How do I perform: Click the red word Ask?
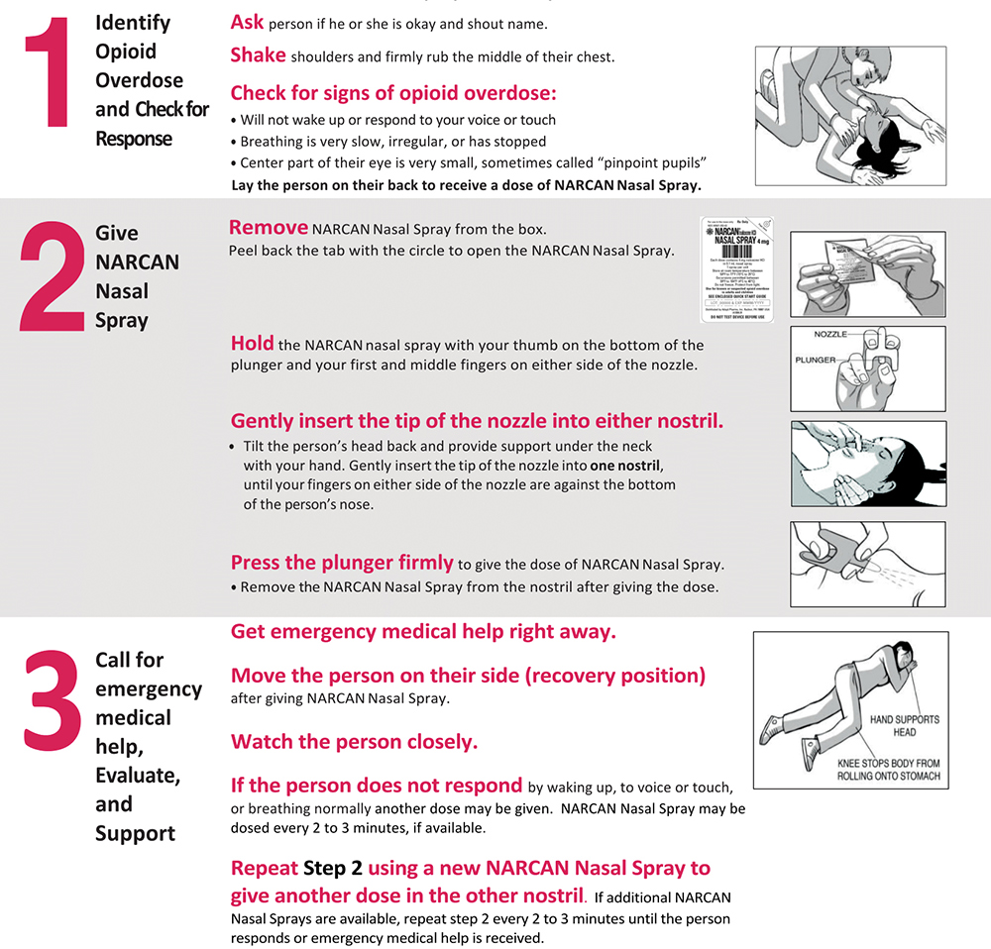[247, 22]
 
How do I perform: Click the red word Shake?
[259, 55]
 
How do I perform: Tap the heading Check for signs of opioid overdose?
[393, 94]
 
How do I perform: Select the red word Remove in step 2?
[269, 228]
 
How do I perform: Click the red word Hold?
[252, 344]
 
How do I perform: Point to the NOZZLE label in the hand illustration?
[830, 336]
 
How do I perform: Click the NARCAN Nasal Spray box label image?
[736, 268]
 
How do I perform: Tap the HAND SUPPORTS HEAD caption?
[905, 725]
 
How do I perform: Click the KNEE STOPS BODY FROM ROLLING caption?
[888, 770]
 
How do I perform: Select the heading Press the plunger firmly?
[342, 563]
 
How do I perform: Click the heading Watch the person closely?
[354, 741]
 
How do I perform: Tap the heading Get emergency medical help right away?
[423, 631]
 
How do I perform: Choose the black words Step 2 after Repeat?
[333, 869]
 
